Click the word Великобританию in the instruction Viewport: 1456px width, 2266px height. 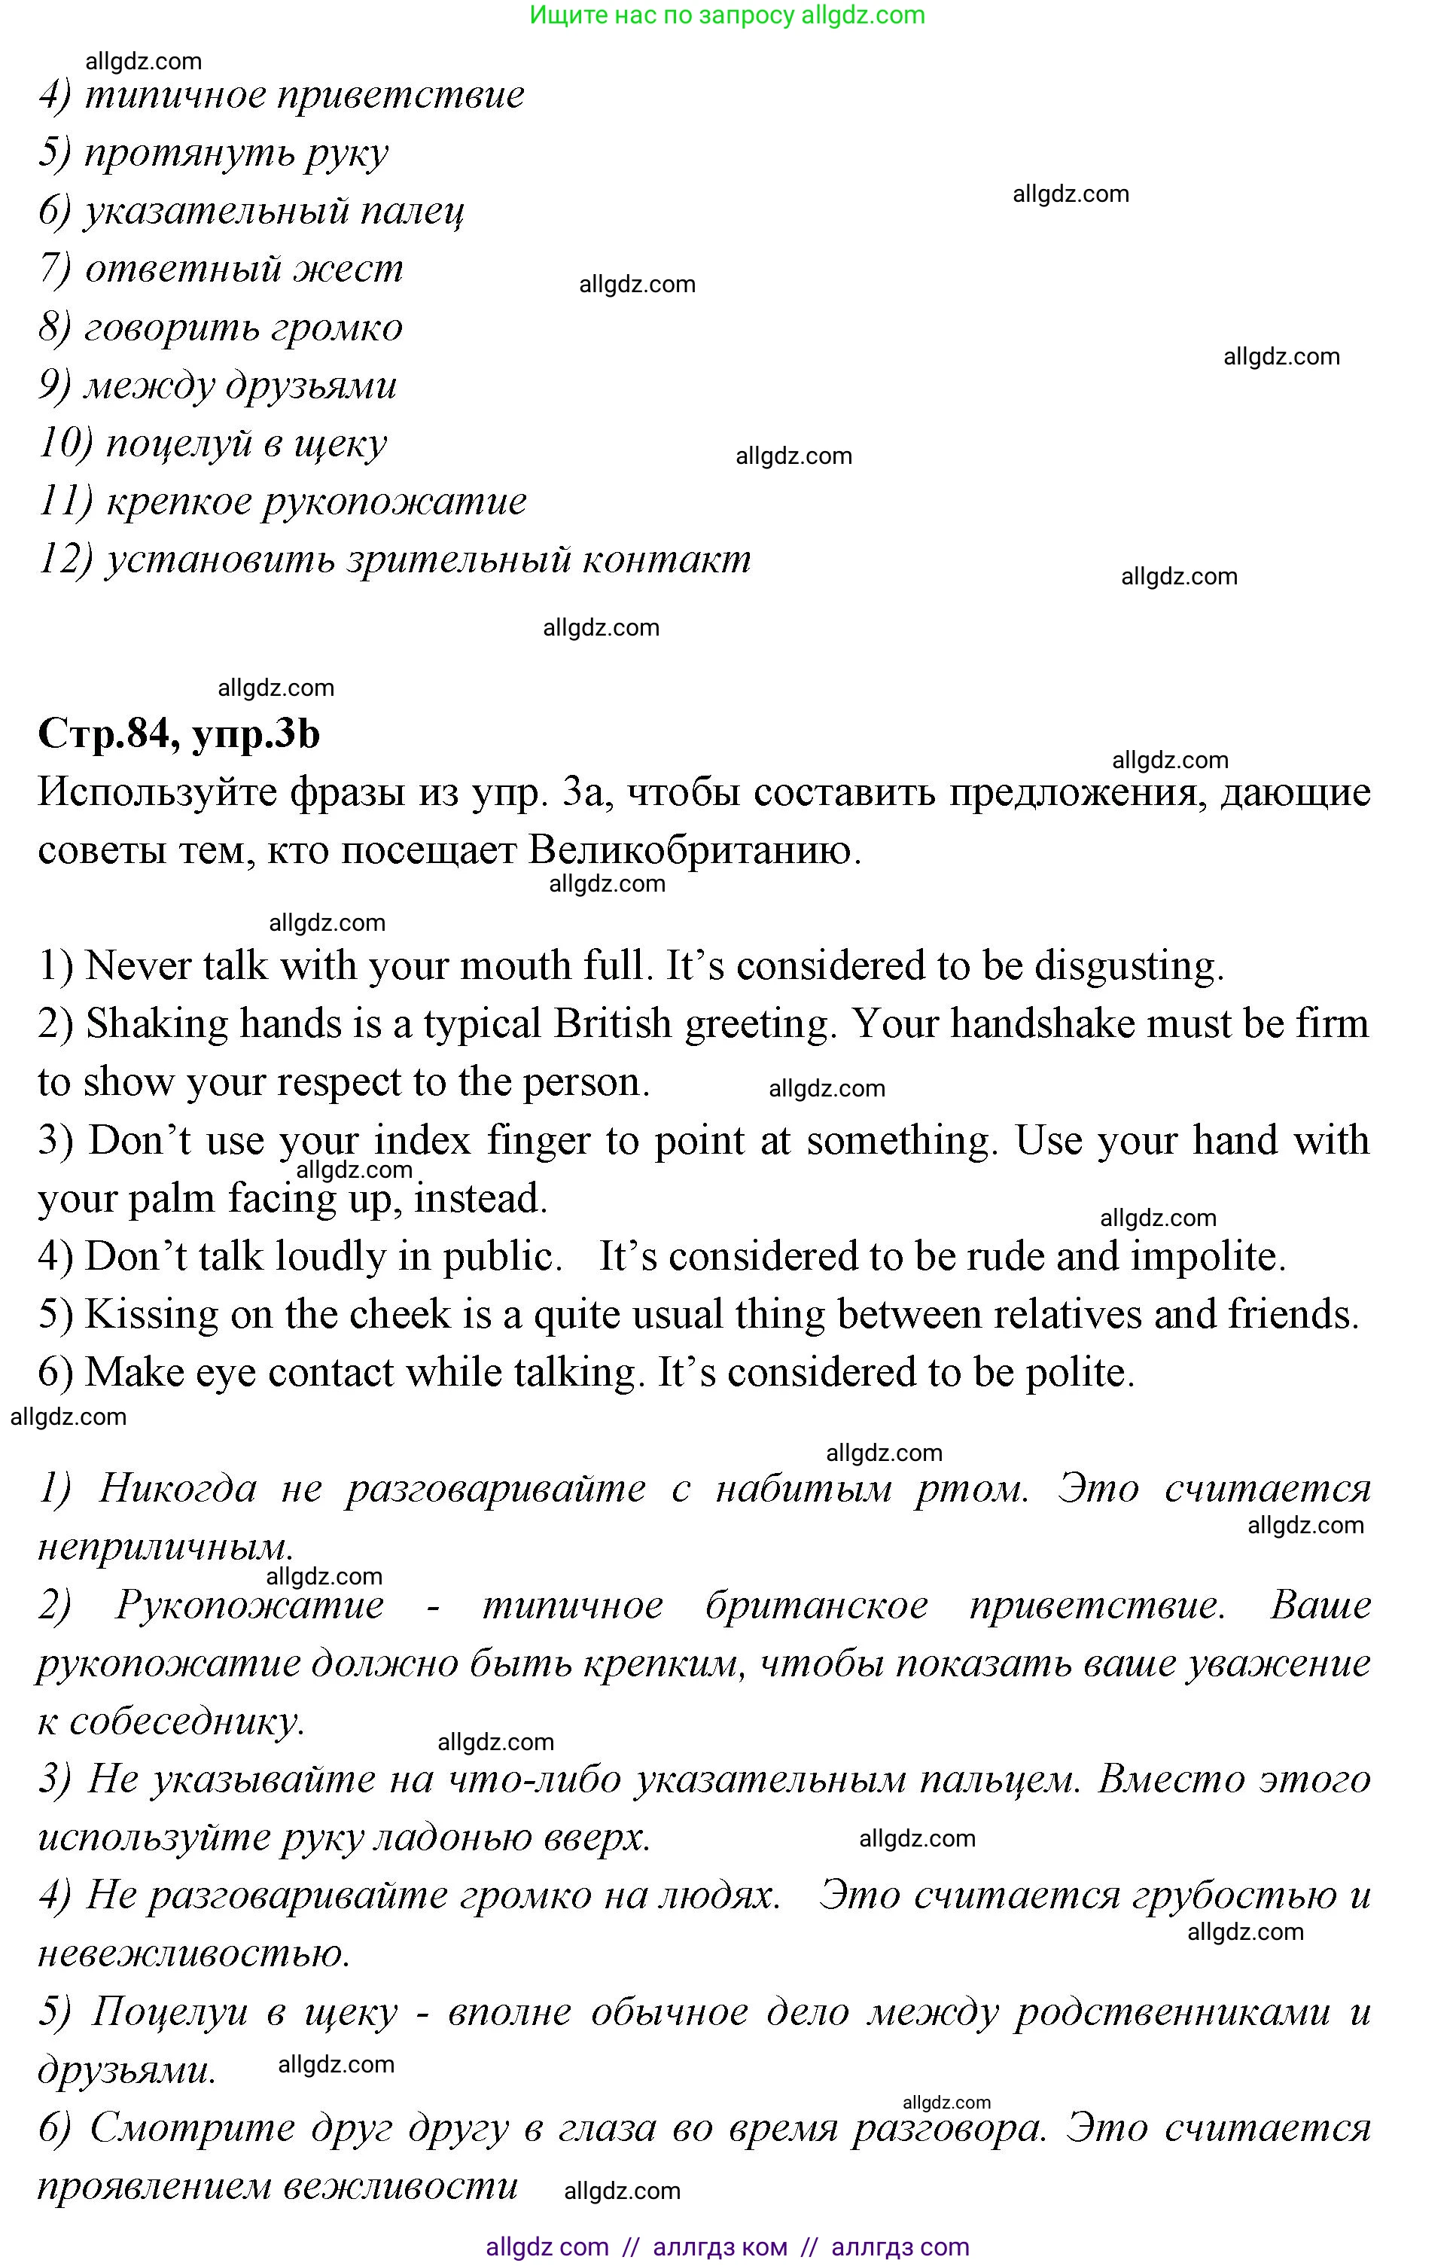click(693, 851)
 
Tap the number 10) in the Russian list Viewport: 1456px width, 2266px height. click(65, 444)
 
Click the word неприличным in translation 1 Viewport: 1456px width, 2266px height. click(166, 1548)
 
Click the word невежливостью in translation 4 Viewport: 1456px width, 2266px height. click(193, 1954)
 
